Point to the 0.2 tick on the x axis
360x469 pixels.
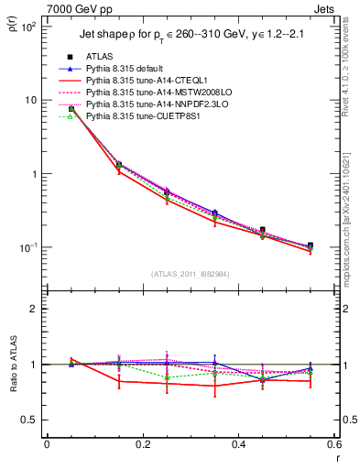click(x=142, y=445)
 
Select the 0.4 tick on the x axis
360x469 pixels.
click(x=237, y=445)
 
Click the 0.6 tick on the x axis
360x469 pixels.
click(x=332, y=445)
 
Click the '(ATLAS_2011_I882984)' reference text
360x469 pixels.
click(x=191, y=274)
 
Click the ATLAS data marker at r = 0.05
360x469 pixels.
click(x=71, y=108)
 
